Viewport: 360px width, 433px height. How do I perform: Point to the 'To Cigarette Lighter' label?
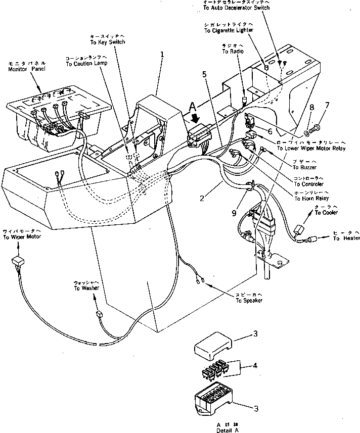pyautogui.click(x=229, y=30)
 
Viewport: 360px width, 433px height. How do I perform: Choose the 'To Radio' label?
pyautogui.click(x=233, y=52)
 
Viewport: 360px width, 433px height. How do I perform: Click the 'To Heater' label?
pyautogui.click(x=346, y=238)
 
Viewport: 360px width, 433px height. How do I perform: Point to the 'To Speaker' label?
pyautogui.click(x=249, y=301)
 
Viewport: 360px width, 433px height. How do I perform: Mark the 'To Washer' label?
pyautogui.click(x=86, y=288)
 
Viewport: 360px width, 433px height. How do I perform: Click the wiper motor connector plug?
pyautogui.click(x=18, y=261)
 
